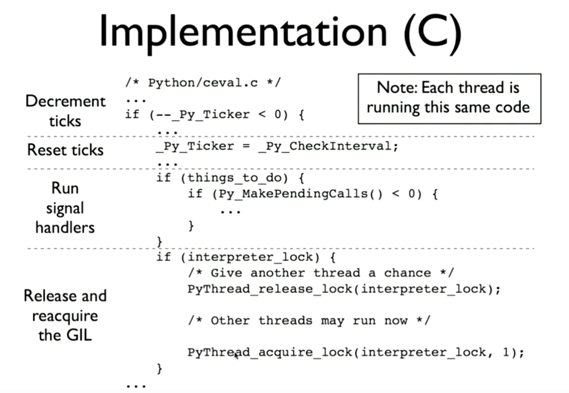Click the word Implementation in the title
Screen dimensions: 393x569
[x=243, y=32]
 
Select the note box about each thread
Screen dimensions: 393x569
[x=449, y=99]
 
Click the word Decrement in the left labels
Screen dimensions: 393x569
[x=65, y=101]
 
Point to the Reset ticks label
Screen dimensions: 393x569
[x=65, y=150]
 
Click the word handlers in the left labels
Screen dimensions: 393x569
[x=65, y=228]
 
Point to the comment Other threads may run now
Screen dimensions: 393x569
[x=309, y=321]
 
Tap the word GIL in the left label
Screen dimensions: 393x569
[x=79, y=335]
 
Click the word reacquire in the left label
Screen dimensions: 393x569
[x=65, y=316]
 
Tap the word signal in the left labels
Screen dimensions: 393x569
[x=65, y=208]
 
